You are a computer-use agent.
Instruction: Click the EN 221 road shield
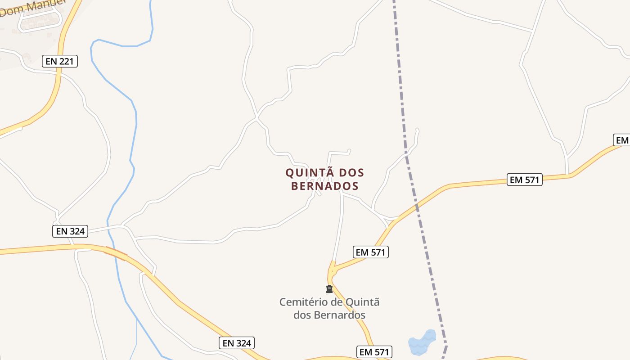tap(60, 61)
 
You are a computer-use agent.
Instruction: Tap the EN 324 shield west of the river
tap(70, 231)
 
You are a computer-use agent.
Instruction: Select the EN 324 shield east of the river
tap(237, 343)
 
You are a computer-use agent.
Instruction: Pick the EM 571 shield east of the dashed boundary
tap(524, 180)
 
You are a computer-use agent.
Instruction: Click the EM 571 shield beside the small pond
tap(374, 352)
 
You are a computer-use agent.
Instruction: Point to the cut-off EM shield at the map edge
tap(622, 140)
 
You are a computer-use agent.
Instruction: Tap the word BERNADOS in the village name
tap(324, 186)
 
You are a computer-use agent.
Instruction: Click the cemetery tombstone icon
tap(329, 289)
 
